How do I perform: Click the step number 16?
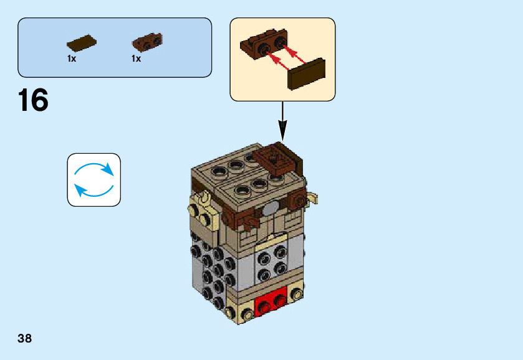click(x=33, y=101)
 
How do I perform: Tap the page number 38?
click(x=25, y=339)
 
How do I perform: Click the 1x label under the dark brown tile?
click(x=72, y=59)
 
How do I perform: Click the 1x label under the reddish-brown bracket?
click(x=136, y=59)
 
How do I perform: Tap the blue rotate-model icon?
click(x=94, y=179)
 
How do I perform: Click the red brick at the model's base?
click(x=271, y=305)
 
